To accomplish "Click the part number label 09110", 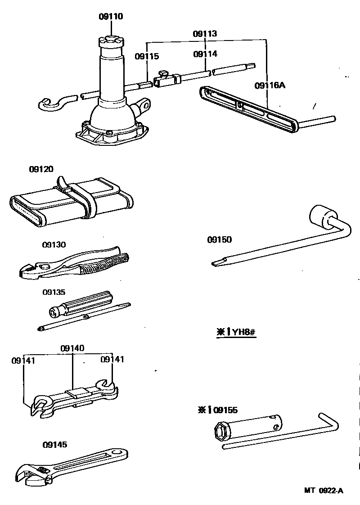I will [111, 17].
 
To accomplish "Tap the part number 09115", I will [147, 56].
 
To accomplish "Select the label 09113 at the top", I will [205, 34].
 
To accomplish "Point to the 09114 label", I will [205, 54].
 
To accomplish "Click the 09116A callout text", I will [270, 85].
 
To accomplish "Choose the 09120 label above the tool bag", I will [41, 169].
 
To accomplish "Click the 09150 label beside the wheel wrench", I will [219, 239].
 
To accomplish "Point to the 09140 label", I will [72, 348].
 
